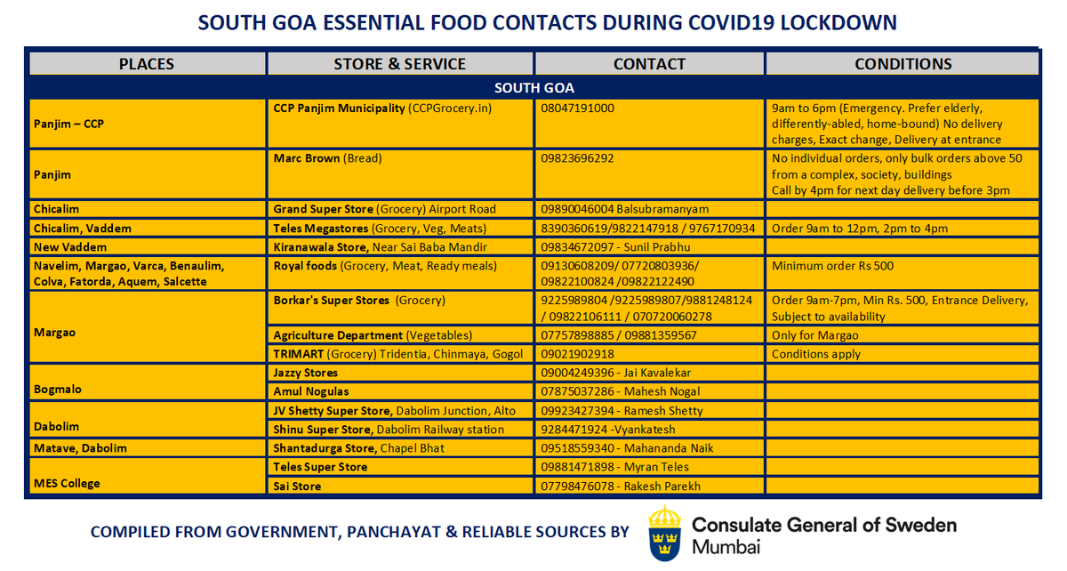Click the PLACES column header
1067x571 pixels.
click(147, 64)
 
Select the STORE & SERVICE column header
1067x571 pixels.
click(399, 64)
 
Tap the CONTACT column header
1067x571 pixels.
click(649, 64)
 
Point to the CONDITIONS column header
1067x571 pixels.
click(903, 64)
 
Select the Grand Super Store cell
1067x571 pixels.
click(385, 209)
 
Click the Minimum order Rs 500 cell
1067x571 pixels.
click(832, 265)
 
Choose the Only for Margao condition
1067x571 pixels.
click(815, 335)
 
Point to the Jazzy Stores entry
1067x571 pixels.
click(306, 373)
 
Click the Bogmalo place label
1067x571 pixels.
click(59, 390)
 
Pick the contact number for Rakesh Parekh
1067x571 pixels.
click(621, 487)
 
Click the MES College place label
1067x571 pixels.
click(67, 483)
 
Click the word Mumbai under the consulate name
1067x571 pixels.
click(726, 547)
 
